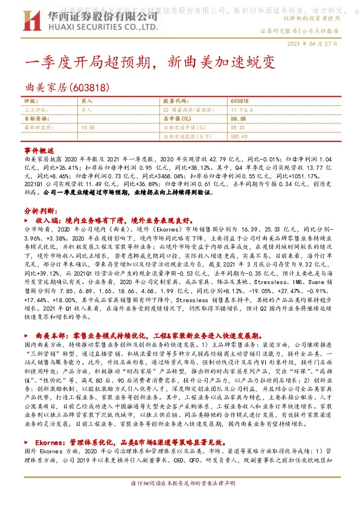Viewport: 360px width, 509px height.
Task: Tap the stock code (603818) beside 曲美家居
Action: pos(89,87)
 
